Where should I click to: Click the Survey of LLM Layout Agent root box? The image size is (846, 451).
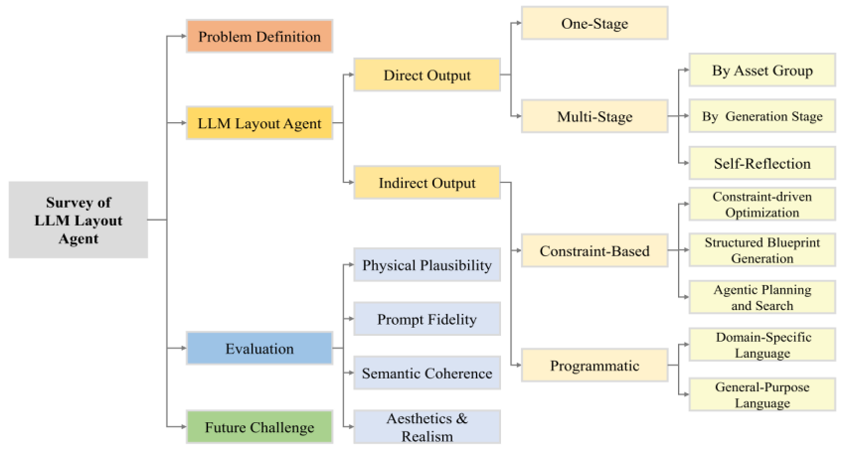[x=78, y=220]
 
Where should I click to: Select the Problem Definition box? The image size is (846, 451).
[x=258, y=38]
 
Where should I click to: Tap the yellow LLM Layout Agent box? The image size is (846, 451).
[x=258, y=124]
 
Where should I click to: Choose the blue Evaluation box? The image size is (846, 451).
[x=258, y=349]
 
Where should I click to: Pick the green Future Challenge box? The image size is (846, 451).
[x=258, y=428]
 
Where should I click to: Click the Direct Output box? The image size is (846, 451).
[x=426, y=75]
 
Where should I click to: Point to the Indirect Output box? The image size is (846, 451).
[x=426, y=183]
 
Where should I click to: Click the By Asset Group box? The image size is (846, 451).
[x=761, y=71]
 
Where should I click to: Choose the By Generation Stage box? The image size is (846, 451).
[x=761, y=116]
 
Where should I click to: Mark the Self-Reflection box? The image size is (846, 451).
[x=761, y=163]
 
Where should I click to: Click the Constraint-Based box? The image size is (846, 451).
[x=594, y=251]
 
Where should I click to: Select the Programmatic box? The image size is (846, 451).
[x=594, y=366]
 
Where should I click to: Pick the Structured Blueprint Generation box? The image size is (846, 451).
[x=761, y=250]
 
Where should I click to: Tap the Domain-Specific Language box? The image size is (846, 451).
[x=761, y=345]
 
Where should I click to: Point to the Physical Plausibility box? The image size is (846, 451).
[x=426, y=266]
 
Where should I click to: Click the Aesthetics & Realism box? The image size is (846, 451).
[x=426, y=427]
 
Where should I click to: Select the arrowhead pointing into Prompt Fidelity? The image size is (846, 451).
[x=349, y=320]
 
